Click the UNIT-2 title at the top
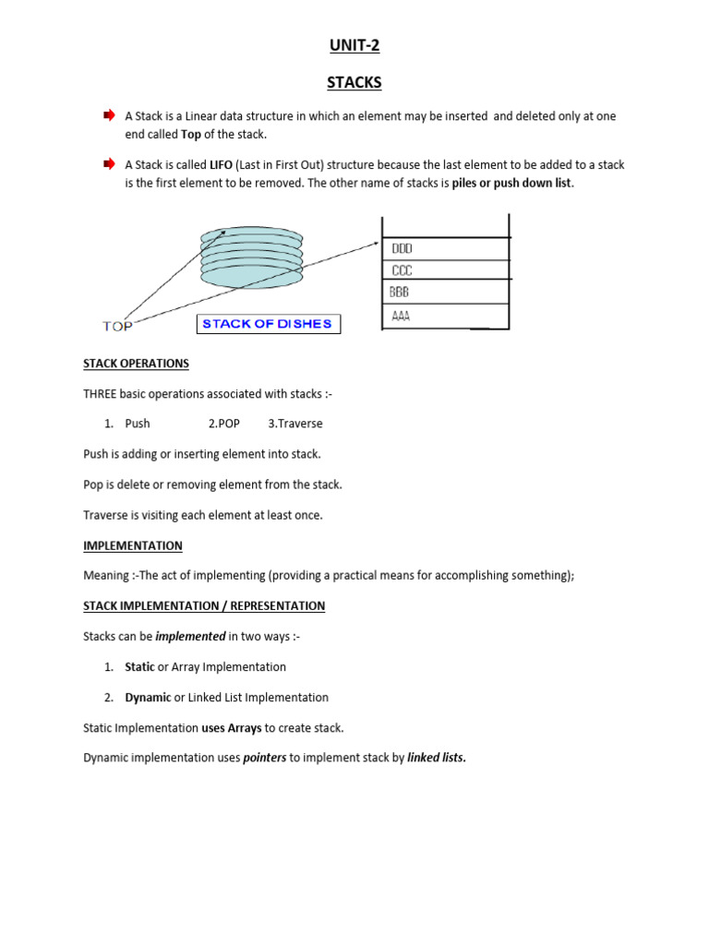click(354, 45)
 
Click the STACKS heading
click(354, 83)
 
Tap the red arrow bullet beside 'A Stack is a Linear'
click(109, 115)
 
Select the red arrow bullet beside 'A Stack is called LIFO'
click(109, 164)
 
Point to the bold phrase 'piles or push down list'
click(512, 183)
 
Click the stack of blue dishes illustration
click(251, 259)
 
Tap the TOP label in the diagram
click(117, 326)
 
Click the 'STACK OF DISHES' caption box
click(267, 324)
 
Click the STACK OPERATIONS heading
click(136, 364)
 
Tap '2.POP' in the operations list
click(224, 424)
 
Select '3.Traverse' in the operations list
click(295, 424)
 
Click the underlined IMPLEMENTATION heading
click(133, 545)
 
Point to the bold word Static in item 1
click(139, 666)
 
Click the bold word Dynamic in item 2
click(148, 697)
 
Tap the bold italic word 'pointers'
click(262, 758)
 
